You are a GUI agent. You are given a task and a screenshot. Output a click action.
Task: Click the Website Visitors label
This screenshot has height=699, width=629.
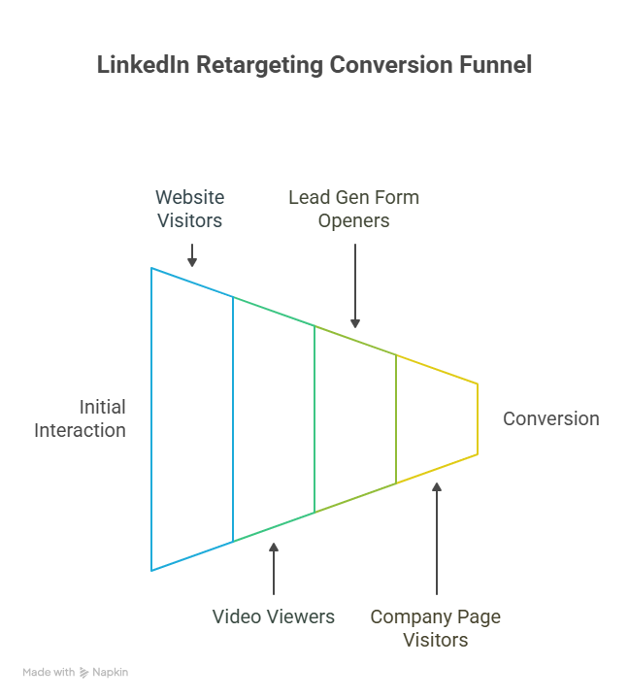pos(190,209)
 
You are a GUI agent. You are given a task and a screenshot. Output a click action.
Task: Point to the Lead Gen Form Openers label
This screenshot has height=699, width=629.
pos(354,209)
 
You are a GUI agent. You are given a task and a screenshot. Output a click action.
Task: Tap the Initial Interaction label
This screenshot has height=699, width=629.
pos(81,418)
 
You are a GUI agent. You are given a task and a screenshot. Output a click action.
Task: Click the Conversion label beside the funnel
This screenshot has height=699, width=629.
pos(550,418)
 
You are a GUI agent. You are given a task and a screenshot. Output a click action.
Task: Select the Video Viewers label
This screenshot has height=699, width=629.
pos(274,616)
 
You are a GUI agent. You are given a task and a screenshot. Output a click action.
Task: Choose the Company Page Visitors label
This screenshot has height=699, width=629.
pos(436,628)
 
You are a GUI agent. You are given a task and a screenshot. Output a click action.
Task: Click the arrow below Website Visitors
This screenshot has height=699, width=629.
pos(192,254)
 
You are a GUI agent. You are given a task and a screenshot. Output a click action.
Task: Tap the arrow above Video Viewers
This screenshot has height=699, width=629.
pos(274,569)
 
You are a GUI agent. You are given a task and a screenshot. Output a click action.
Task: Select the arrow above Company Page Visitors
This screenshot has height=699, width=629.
pos(437,539)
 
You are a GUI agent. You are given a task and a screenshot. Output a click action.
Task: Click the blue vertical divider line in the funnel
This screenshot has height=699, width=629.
pos(233,418)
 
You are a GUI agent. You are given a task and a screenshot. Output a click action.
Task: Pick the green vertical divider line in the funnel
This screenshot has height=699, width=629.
pos(314,418)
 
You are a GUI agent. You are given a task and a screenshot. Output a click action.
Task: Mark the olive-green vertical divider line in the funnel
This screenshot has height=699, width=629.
pos(396,418)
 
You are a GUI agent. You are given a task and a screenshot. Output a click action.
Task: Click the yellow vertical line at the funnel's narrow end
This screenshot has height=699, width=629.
pos(478,418)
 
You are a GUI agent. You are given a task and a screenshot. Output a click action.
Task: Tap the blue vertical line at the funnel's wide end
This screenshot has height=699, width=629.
pos(151,418)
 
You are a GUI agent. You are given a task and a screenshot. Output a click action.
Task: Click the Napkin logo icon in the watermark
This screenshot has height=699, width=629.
pos(84,672)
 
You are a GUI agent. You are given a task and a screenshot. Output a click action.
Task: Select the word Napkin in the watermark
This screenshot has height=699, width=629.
pos(111,672)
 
